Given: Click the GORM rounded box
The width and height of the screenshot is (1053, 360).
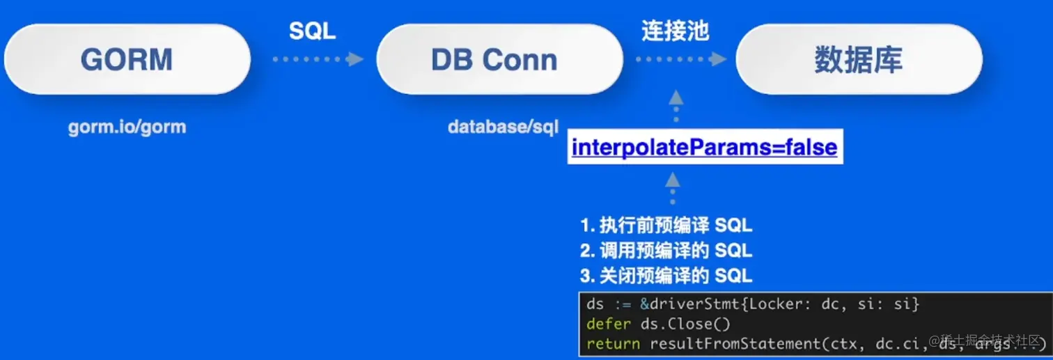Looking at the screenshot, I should click(x=127, y=60).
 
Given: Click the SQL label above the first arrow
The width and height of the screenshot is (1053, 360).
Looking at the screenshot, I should click(x=312, y=31).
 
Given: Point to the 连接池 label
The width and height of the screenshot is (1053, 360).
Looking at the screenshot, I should click(x=675, y=31).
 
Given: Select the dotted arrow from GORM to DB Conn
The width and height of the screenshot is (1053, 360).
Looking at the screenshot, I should click(x=318, y=60).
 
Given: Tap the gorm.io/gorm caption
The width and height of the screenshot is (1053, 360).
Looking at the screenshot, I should click(x=127, y=128).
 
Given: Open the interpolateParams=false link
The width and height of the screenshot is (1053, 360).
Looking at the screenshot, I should click(x=704, y=147).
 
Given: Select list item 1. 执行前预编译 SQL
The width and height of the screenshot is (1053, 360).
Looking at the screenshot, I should click(x=666, y=226).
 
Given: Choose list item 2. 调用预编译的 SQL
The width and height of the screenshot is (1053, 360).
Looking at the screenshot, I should click(x=666, y=250).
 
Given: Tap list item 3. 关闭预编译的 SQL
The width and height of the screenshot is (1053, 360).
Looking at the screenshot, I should click(x=666, y=275).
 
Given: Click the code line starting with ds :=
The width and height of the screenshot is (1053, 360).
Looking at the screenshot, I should click(x=753, y=304).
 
